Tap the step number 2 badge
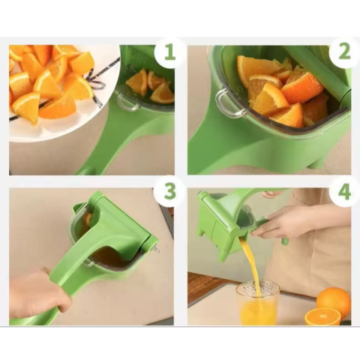[x=343, y=52]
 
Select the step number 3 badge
[x=169, y=192]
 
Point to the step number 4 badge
[x=343, y=192]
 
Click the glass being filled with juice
[x=257, y=304]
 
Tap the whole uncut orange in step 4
[x=333, y=301]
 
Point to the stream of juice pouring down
[x=250, y=262]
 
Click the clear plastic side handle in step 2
[x=227, y=103]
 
